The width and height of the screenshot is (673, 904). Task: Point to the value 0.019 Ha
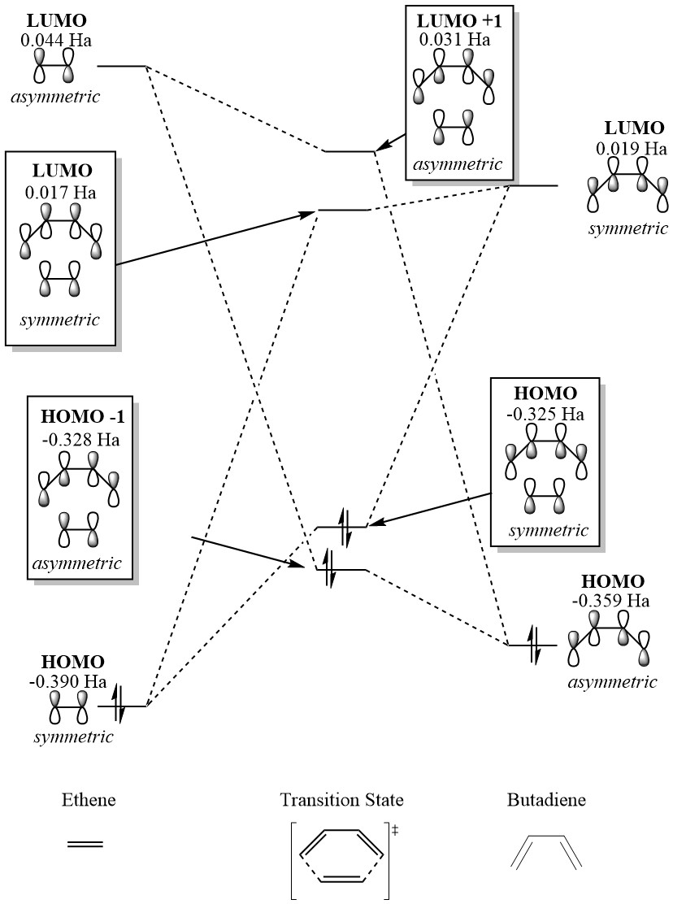(631, 149)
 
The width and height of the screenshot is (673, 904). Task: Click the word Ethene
(89, 801)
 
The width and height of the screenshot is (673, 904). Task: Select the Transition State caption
(341, 801)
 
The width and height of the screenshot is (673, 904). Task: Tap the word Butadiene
(546, 801)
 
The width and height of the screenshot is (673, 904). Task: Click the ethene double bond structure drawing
(85, 845)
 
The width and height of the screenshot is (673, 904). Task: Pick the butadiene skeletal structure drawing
(546, 852)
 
